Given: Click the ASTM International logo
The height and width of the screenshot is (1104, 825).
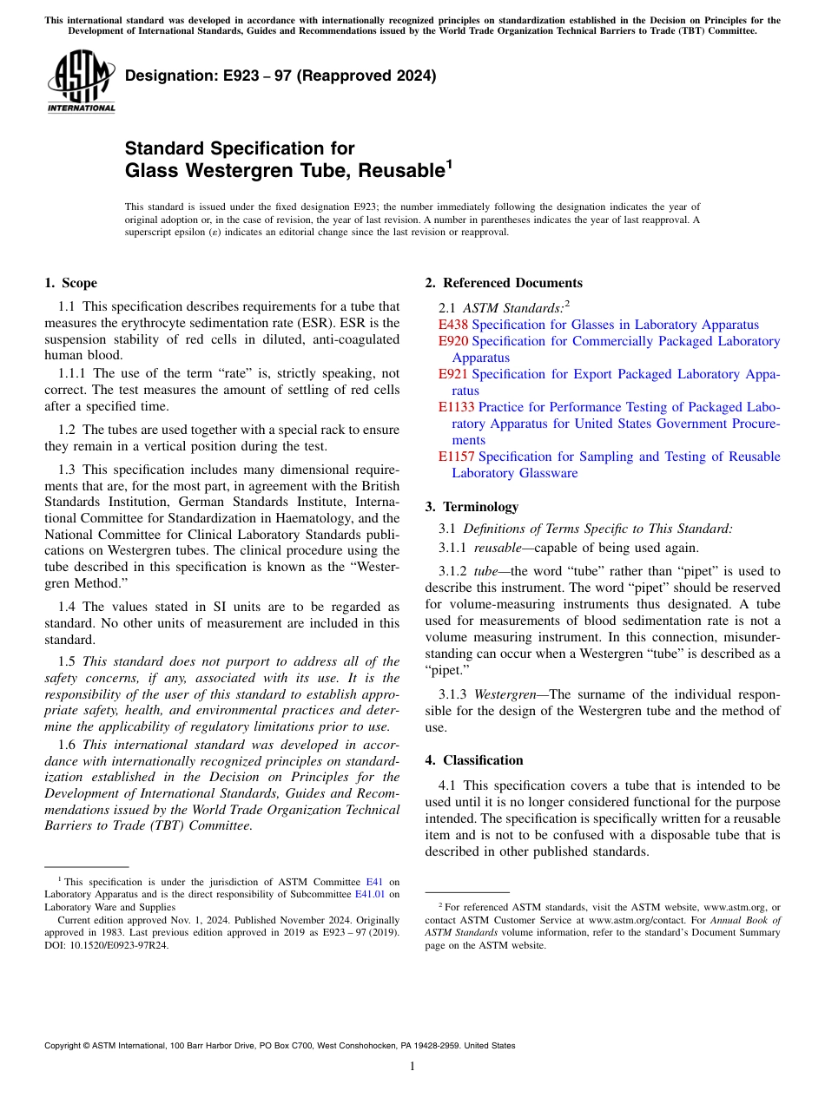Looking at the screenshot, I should [x=81, y=82].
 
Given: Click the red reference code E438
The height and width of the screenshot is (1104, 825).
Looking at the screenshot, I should [x=452, y=325].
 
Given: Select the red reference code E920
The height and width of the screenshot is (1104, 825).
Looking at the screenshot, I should [x=452, y=341].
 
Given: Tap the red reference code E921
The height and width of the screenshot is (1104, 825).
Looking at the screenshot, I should [x=452, y=374].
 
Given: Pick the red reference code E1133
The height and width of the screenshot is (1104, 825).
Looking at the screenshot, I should [x=456, y=407].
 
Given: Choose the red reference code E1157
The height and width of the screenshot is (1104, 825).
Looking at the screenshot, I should [x=456, y=457].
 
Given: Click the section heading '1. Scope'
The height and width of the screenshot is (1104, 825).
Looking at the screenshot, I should [x=70, y=283].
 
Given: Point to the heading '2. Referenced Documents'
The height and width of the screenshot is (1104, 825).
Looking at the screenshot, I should [x=504, y=283].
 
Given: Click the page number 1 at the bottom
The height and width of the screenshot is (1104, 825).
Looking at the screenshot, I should [x=412, y=1067].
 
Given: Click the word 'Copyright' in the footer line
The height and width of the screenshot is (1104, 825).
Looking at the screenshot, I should [x=64, y=1046].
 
